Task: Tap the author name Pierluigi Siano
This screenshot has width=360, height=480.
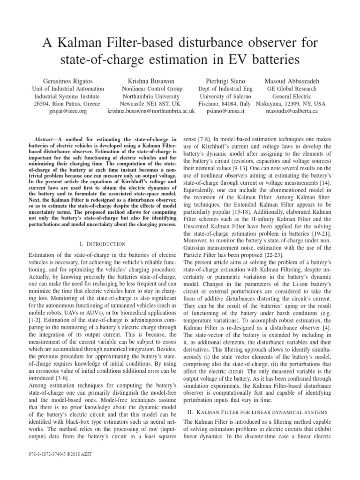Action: [x=225, y=81]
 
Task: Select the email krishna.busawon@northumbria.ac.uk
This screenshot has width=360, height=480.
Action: [x=151, y=112]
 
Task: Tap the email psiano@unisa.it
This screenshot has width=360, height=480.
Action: [x=225, y=112]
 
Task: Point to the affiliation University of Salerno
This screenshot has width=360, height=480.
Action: [x=225, y=96]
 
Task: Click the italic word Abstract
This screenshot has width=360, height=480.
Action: [x=46, y=139]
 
